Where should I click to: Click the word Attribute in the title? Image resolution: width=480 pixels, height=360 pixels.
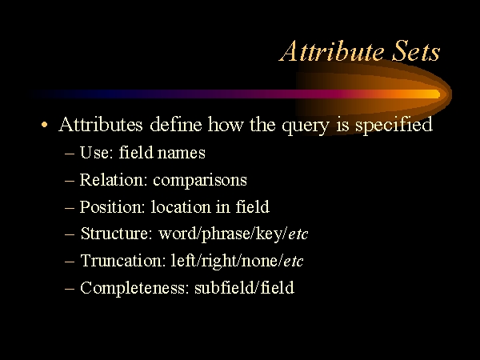point(332,51)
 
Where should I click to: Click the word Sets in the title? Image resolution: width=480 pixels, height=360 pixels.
point(416,51)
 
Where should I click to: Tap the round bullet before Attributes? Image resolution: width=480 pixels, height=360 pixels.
point(44,125)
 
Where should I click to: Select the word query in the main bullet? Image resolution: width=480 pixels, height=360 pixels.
point(306,126)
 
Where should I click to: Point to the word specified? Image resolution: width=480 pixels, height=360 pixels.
point(394,125)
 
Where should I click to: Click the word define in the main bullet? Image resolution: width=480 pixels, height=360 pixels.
point(176,124)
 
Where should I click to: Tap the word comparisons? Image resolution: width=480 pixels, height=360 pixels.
point(200,180)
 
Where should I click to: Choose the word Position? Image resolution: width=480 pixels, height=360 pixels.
point(112,207)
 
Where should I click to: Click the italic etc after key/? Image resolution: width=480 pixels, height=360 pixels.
point(298,234)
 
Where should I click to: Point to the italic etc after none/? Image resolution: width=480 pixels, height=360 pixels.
point(294,262)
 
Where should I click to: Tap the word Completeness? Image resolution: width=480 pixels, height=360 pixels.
point(134,288)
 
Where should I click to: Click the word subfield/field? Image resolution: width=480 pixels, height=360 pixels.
point(244,287)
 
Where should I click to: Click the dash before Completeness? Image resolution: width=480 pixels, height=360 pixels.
point(70,288)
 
